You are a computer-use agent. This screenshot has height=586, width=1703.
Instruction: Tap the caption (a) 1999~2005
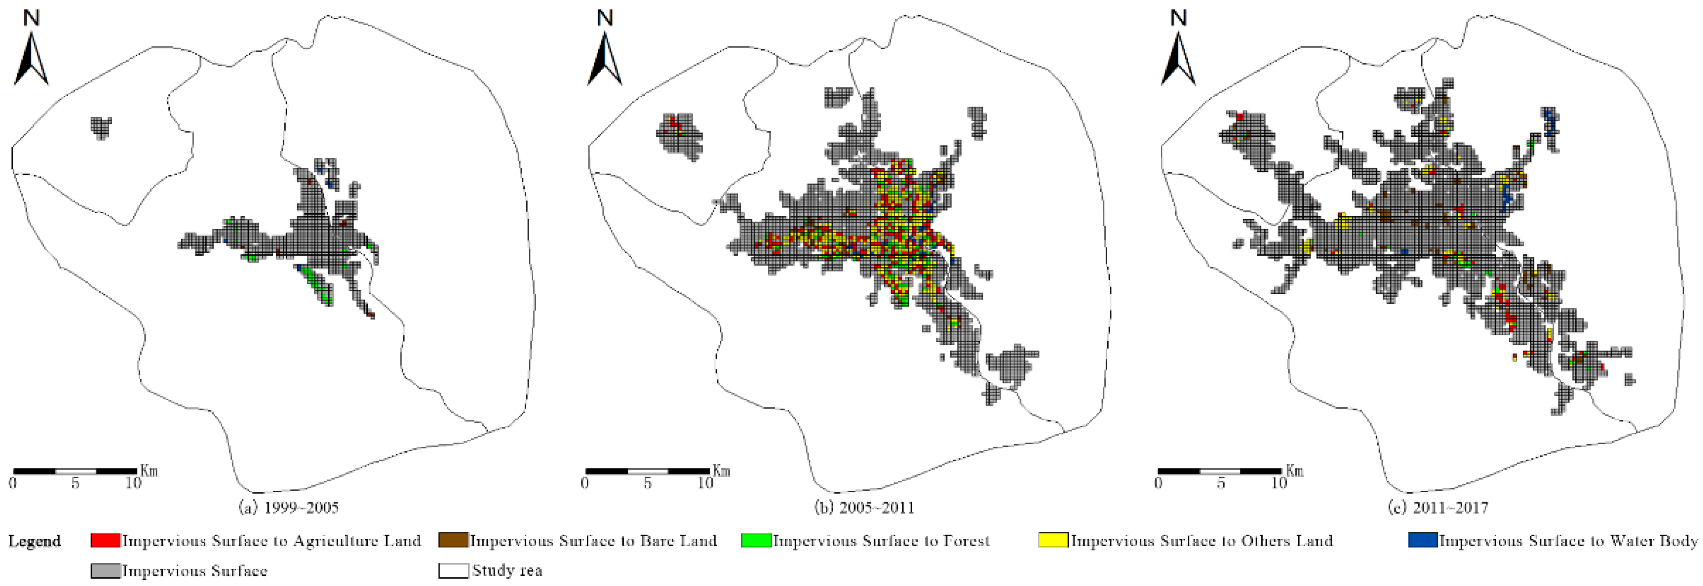[289, 508]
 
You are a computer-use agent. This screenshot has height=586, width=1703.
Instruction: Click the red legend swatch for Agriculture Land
[105, 540]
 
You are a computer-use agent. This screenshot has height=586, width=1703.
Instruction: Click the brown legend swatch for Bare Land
[453, 540]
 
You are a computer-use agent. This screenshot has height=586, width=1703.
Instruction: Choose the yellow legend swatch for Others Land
[1053, 540]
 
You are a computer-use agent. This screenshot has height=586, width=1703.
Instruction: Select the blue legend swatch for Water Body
[1423, 540]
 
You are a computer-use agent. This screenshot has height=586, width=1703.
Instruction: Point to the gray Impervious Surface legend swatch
[105, 570]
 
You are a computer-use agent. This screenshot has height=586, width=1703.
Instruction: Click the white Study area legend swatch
[453, 570]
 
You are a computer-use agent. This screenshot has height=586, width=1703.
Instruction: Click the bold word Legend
[35, 541]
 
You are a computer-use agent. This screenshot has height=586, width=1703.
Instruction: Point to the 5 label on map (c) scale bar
[1221, 484]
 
